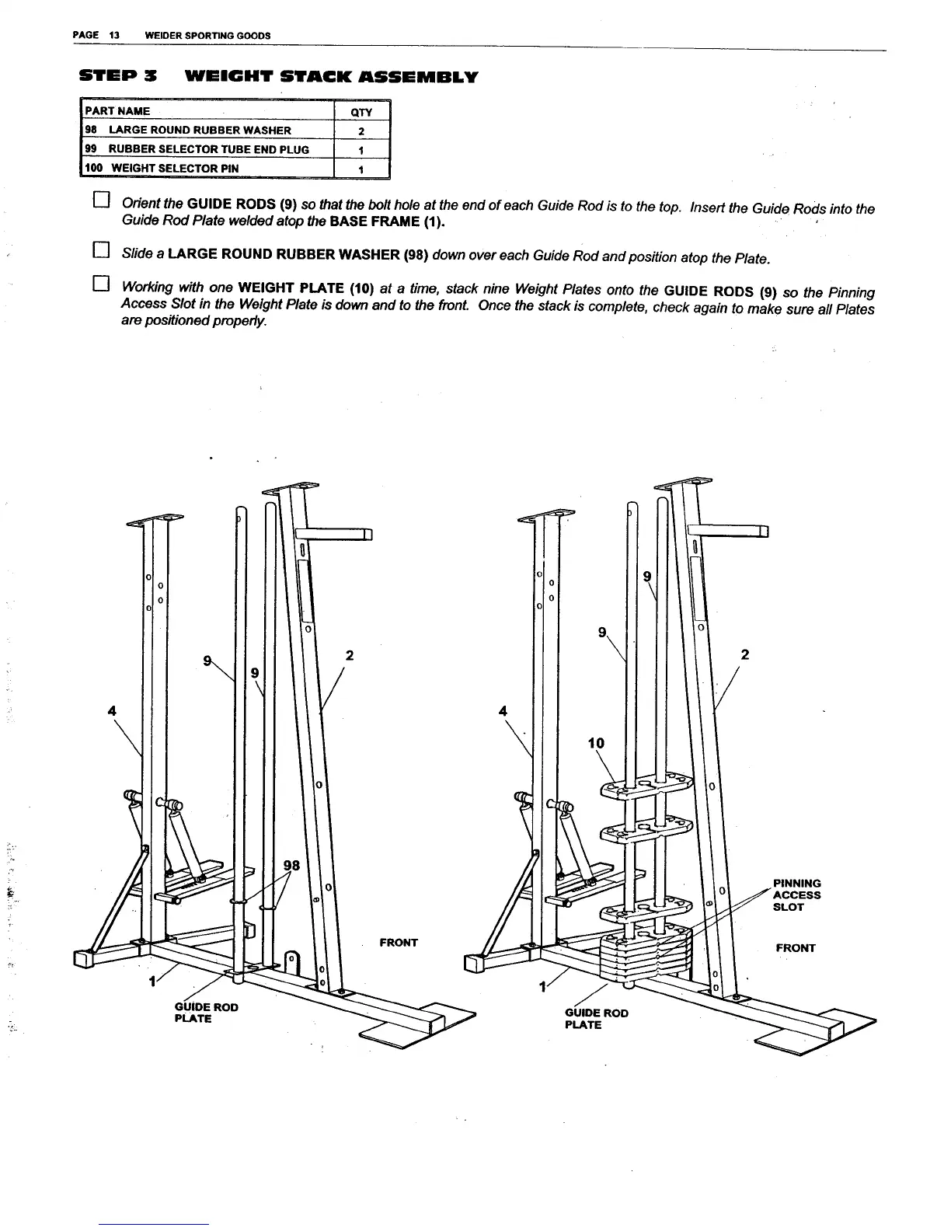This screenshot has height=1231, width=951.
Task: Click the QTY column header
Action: click(361, 112)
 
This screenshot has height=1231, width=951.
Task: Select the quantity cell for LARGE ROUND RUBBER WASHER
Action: click(361, 131)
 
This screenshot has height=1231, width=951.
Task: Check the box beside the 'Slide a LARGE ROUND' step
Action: click(99, 250)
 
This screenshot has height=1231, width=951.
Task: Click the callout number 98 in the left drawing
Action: click(291, 865)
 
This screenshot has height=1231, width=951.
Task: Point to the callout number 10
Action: click(596, 743)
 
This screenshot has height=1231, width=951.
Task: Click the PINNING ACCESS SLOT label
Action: click(796, 894)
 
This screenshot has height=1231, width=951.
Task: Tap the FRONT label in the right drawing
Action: click(796, 948)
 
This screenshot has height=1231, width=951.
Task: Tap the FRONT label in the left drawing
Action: click(399, 943)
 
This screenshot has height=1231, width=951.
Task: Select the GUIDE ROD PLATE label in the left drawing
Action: click(206, 1013)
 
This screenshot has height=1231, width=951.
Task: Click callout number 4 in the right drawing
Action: click(503, 710)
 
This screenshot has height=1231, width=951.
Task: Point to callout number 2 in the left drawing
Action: click(350, 655)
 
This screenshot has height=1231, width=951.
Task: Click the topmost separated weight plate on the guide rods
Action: click(645, 787)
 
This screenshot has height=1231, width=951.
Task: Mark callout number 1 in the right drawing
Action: click(543, 988)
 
